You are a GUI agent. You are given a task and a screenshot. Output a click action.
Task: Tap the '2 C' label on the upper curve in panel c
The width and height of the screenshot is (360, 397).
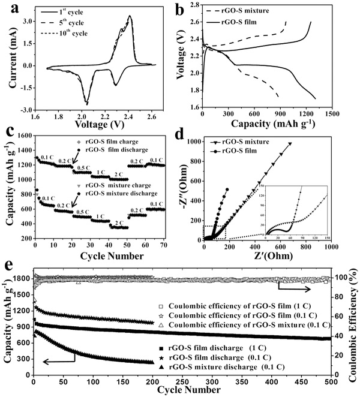click(x=118, y=172)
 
